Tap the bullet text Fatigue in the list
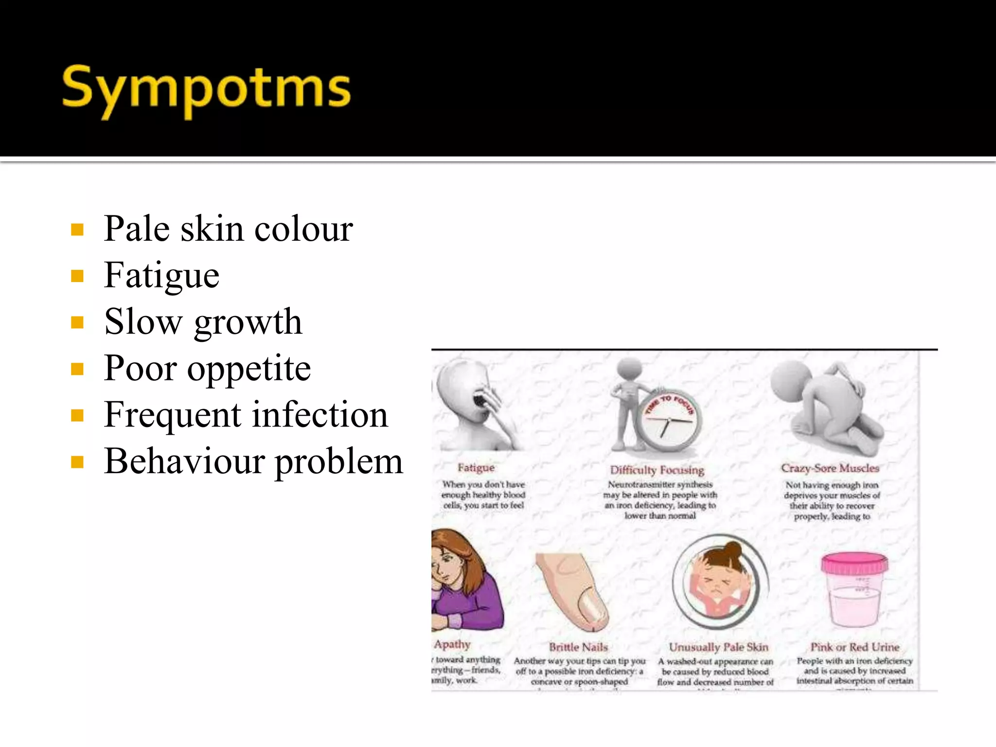click(x=161, y=275)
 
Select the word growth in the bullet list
click(x=248, y=322)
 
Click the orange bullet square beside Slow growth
click(x=77, y=322)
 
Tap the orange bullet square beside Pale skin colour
click(x=77, y=229)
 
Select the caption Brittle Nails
click(x=578, y=647)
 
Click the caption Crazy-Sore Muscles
click(x=830, y=468)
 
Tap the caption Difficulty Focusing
click(x=657, y=470)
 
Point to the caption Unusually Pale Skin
click(x=718, y=647)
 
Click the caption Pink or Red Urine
click(x=854, y=647)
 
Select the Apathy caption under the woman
click(x=452, y=644)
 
